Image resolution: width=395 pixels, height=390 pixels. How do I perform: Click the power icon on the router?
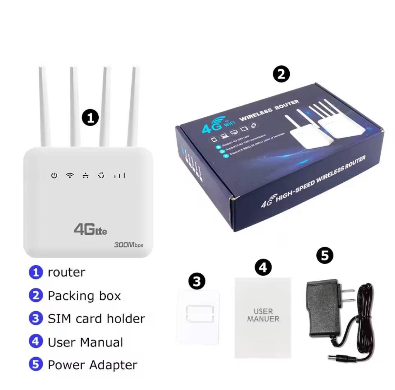coord(54,175)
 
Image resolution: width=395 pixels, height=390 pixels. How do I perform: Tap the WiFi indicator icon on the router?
coord(70,175)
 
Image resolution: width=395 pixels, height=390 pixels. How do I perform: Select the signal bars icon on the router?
coord(119,175)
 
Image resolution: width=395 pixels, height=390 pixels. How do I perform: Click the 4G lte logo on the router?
coord(90,229)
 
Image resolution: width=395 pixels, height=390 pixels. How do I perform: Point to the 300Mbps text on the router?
coord(129,245)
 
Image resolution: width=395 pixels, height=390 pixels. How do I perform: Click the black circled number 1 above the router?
coord(90,117)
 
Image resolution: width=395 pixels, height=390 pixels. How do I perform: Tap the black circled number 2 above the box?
coord(281,74)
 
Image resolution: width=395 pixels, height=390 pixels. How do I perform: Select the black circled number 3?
coord(197,281)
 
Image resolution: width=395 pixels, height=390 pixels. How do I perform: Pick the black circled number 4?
coord(263,267)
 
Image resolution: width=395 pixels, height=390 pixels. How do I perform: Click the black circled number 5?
coord(325,255)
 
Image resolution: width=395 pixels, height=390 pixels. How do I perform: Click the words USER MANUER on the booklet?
coord(263,315)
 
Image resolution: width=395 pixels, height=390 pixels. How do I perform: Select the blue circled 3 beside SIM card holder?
coord(35,318)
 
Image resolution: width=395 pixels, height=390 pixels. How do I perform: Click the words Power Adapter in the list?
coord(92,365)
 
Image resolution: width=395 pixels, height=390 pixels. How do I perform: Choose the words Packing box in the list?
coord(84,295)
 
